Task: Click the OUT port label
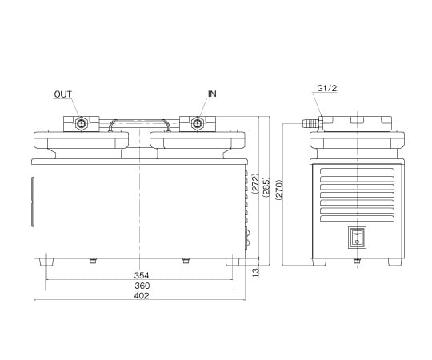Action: tap(63, 94)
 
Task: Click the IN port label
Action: tap(212, 94)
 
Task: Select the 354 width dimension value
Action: tap(141, 275)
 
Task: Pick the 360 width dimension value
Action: tap(141, 286)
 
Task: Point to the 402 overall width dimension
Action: tap(141, 296)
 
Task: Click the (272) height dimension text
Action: tap(255, 186)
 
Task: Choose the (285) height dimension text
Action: tap(266, 186)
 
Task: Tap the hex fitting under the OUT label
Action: tap(80, 124)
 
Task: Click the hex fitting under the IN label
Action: tap(196, 124)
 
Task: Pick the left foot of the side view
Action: tap(319, 262)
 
